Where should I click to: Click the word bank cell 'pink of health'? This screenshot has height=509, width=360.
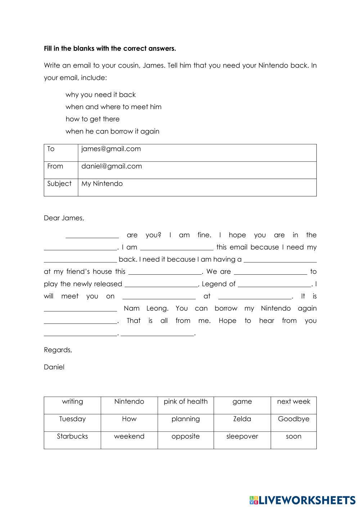click(x=185, y=402)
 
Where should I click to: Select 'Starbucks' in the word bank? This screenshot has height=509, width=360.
click(x=72, y=436)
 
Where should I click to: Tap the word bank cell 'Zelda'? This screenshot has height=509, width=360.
click(x=242, y=419)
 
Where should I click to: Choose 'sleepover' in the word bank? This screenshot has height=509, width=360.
click(x=242, y=436)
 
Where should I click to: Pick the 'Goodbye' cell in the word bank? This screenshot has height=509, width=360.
click(x=293, y=419)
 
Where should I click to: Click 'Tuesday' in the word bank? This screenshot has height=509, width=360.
click(x=72, y=419)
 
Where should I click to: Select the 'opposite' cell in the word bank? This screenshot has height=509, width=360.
click(x=185, y=436)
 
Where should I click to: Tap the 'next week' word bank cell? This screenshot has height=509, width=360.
click(x=293, y=402)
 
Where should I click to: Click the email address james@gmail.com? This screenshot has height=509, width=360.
click(x=111, y=149)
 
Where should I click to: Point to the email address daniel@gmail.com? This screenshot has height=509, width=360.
click(x=112, y=166)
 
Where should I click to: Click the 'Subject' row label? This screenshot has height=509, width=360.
click(x=59, y=184)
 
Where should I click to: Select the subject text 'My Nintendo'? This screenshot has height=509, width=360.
click(x=102, y=184)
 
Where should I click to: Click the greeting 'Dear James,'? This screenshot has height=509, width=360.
click(x=64, y=218)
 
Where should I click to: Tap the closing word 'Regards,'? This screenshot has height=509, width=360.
click(x=58, y=350)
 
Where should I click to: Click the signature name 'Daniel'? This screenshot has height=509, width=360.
click(x=54, y=367)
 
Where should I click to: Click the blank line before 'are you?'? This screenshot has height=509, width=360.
click(x=92, y=236)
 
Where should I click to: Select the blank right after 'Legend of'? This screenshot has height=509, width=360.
click(x=274, y=285)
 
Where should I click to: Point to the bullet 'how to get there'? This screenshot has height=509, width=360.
click(x=93, y=119)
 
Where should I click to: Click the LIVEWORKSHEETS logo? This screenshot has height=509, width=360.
click(x=302, y=500)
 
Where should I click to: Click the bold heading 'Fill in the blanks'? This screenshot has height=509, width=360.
click(x=110, y=48)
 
